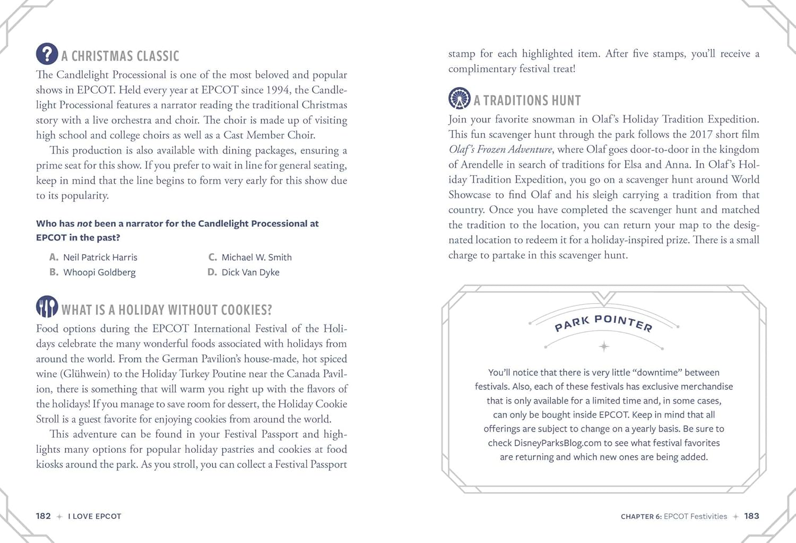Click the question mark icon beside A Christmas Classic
coord(47,54)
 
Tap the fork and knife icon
coord(47,307)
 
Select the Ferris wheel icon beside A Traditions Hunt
coord(459,98)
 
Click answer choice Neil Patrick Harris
coord(100,257)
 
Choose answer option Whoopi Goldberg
coord(99,272)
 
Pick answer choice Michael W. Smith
coord(256,257)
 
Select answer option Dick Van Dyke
coord(250,272)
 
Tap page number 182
coord(44,516)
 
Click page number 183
coord(751,516)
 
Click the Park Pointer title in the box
coord(603,322)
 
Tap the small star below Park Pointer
coord(604,347)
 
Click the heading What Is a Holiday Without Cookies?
coord(167,310)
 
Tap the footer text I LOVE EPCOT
coord(94,516)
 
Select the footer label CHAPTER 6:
coord(641,516)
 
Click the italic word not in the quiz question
coord(84,224)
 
